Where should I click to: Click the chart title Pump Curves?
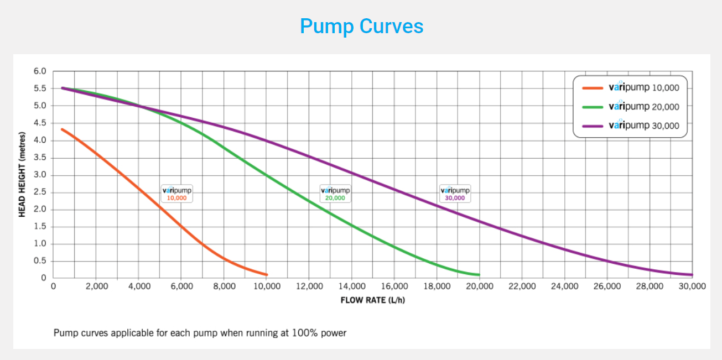[361, 26]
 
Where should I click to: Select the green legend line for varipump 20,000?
[593, 107]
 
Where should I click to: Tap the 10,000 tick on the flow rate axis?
[267, 286]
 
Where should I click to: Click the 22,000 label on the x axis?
[522, 286]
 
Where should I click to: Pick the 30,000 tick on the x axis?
[692, 286]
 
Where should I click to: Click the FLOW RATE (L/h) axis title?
[373, 300]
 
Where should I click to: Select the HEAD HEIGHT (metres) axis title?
[22, 174]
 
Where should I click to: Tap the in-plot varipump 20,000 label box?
[335, 193]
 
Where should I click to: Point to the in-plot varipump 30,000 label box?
[455, 193]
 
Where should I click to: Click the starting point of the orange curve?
[62, 129]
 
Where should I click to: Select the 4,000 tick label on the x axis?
[139, 286]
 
